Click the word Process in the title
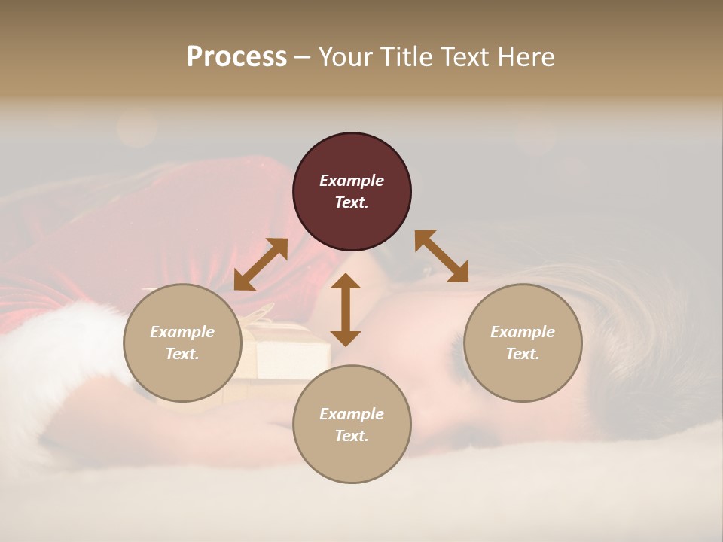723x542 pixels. pyautogui.click(x=236, y=56)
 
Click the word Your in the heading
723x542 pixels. pyautogui.click(x=347, y=56)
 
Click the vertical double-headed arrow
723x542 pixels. pyautogui.click(x=346, y=309)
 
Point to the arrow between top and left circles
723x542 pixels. pyautogui.click(x=261, y=264)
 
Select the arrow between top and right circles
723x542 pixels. pyautogui.click(x=441, y=257)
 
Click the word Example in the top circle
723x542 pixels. pyautogui.click(x=352, y=181)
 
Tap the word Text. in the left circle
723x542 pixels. pyautogui.click(x=182, y=354)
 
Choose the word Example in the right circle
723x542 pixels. pyautogui.click(x=523, y=332)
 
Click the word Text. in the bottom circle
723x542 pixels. pyautogui.click(x=352, y=436)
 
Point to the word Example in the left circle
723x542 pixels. pyautogui.click(x=182, y=332)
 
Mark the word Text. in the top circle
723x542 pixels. pyautogui.click(x=352, y=202)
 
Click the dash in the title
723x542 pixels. pyautogui.click(x=303, y=57)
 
